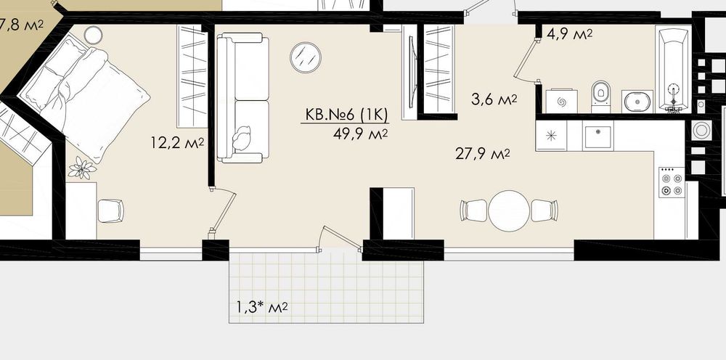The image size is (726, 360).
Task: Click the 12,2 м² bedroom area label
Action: coord(177,142)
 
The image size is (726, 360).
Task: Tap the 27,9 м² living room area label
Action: coord(483,154)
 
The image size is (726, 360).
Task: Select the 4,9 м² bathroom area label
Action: coord(569,34)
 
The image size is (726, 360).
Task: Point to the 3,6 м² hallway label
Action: coord(494,99)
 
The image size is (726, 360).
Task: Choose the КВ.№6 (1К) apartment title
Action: coord(346,114)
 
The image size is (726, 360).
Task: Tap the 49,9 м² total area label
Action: coord(360,134)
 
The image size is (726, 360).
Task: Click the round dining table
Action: coord(509,210)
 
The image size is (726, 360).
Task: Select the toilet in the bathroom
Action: coord(601,97)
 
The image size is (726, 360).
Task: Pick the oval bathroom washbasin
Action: coord(637,102)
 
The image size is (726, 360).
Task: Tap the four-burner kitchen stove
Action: coord(672,182)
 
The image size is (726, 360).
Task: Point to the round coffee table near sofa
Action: coord(306,57)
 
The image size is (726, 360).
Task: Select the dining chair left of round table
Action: coord(473,210)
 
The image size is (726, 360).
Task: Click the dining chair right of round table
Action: coord(544,210)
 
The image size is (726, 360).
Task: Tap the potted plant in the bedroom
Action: coord(82,168)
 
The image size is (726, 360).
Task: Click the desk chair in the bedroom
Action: coord(110,211)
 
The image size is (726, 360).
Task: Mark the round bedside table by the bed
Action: coord(93,35)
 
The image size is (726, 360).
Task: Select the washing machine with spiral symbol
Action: coord(562,102)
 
